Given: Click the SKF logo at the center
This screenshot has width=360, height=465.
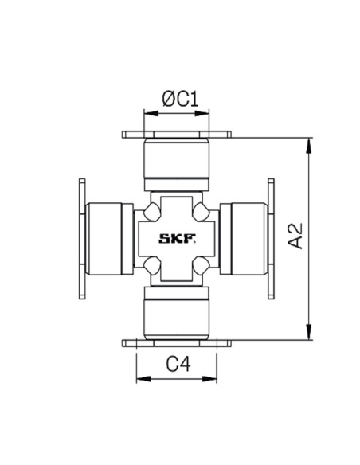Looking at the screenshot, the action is tap(178, 238).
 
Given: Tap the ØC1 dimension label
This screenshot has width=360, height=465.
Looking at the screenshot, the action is tap(180, 99).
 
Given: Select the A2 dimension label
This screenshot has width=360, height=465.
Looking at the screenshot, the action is tap(295, 236).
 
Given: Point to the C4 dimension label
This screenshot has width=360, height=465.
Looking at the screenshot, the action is tap(178, 364).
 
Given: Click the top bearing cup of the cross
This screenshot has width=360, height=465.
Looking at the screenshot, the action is tap(177, 165).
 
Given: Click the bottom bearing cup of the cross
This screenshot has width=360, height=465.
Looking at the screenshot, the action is tap(177, 313).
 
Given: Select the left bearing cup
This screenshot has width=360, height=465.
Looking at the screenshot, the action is tap(109, 239).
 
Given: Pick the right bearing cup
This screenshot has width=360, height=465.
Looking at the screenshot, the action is tap(244, 239).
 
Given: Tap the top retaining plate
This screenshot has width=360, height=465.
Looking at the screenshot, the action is tap(177, 135).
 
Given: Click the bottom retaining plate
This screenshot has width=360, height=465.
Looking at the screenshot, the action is tap(177, 343).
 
